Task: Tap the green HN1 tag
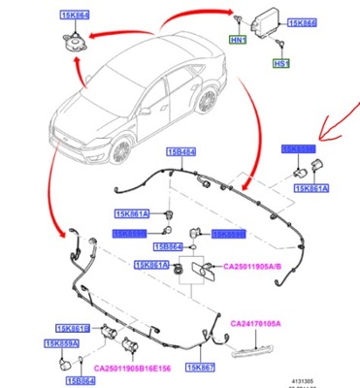(x=237, y=42)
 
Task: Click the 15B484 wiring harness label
(x=181, y=152)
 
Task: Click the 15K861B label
(x=73, y=330)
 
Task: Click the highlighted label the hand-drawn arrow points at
(x=299, y=149)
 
